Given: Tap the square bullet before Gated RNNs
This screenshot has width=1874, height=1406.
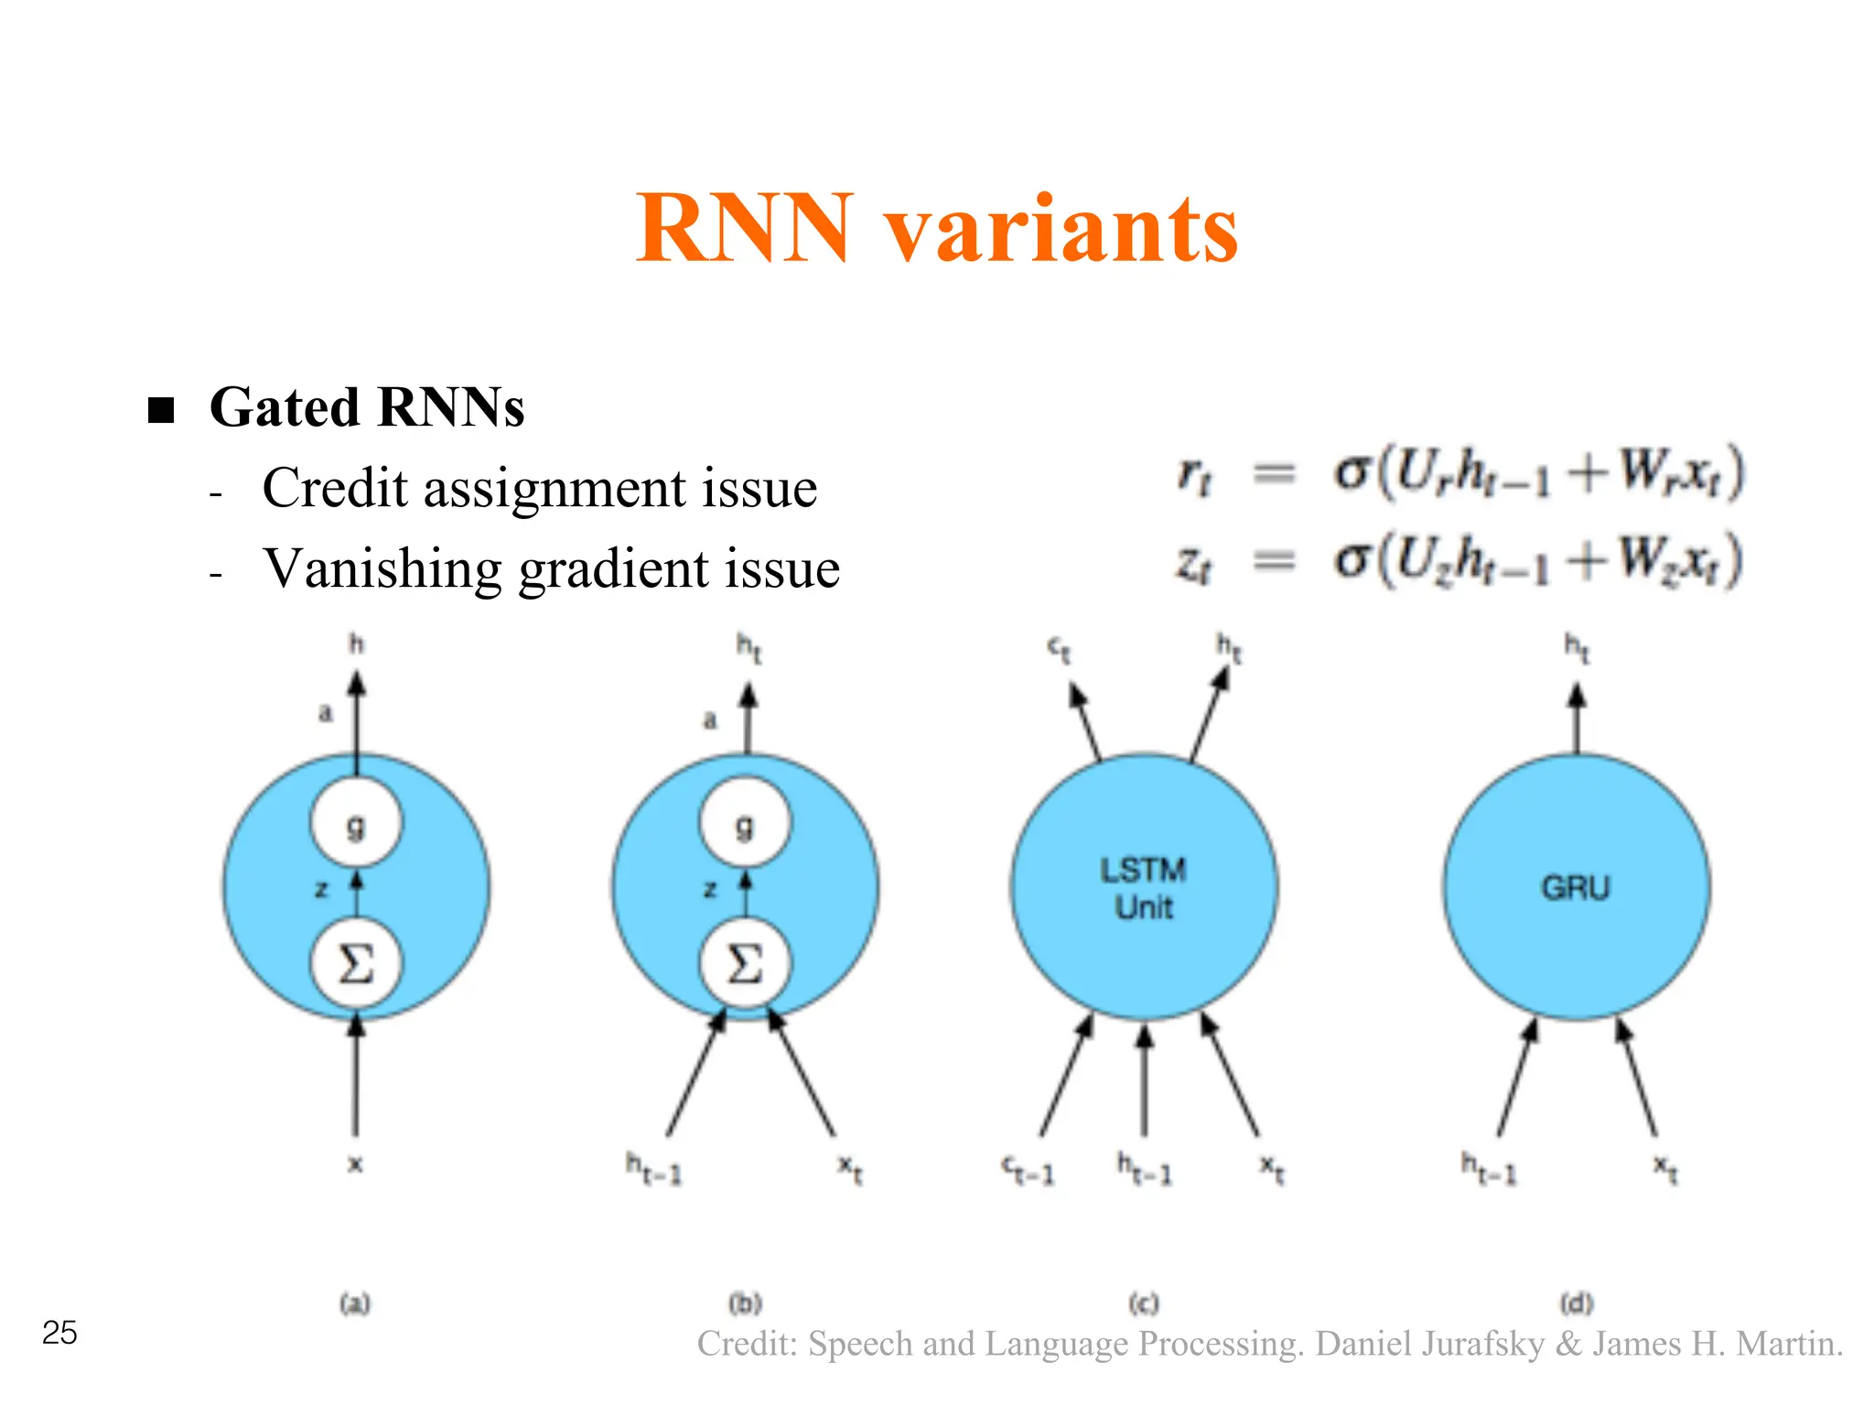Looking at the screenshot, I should point(161,409).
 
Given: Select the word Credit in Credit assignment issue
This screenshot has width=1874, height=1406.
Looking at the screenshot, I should point(334,487).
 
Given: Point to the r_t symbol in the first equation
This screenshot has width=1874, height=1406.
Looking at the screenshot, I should point(1194,475).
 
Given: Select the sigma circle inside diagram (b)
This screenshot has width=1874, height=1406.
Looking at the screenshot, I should point(745,964).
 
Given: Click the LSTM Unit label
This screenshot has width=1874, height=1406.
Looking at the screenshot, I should point(1143,887).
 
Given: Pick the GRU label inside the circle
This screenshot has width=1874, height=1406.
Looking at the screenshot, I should point(1575,887).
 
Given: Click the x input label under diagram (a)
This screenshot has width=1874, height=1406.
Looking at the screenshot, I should point(356,1164).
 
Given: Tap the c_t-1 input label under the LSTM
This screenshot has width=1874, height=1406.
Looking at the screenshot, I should point(1028,1170).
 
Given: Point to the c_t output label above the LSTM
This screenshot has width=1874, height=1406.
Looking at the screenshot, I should point(1060,650).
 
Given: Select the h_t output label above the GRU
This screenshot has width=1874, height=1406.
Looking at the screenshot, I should point(1577,648).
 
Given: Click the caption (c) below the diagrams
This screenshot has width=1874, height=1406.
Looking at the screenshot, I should point(1143,1303).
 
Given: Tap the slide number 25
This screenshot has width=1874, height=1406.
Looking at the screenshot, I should point(59,1333).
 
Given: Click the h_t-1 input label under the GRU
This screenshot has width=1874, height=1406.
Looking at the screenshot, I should point(1489,1169).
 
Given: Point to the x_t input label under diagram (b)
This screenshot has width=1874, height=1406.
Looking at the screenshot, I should point(851,1169).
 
